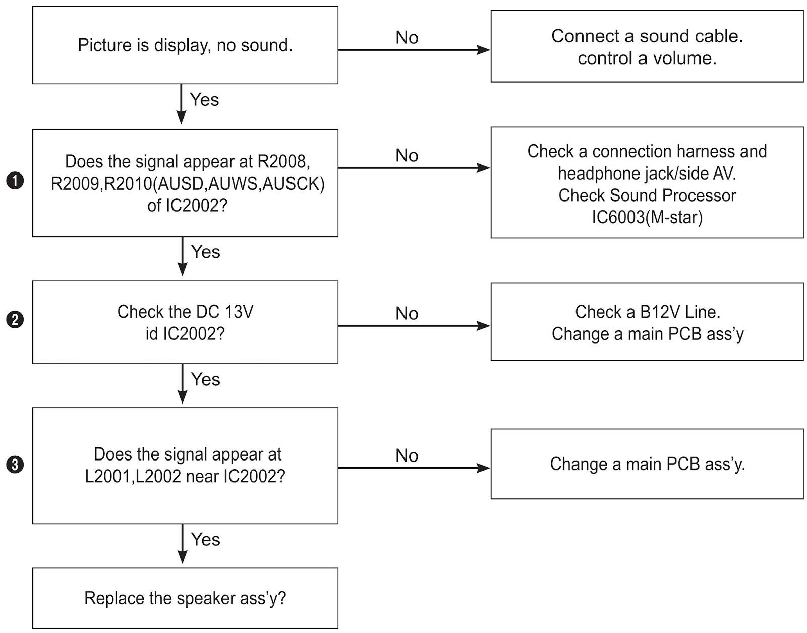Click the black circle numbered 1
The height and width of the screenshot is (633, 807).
point(15,181)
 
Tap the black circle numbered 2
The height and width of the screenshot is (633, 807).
point(15,320)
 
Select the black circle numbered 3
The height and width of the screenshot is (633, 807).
point(15,465)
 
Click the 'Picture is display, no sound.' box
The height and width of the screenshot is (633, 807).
point(185,45)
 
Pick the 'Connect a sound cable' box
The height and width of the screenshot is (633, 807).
point(647,46)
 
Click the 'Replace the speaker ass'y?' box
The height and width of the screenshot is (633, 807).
point(185,598)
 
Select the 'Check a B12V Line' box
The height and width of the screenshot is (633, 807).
point(647,322)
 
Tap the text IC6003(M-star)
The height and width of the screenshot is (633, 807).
point(647,217)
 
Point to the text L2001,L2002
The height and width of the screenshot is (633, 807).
point(133,476)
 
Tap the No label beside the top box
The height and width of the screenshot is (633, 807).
point(407,37)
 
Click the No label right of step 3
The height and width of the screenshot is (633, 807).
point(407,455)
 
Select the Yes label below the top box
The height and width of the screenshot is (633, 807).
point(204,99)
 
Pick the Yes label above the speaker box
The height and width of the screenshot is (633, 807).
point(205,540)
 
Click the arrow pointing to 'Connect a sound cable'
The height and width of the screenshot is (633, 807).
point(415,50)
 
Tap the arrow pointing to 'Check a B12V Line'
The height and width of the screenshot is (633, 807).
point(415,326)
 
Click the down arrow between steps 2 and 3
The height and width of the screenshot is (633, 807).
point(183,383)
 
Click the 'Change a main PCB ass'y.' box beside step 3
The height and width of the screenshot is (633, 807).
point(647,464)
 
